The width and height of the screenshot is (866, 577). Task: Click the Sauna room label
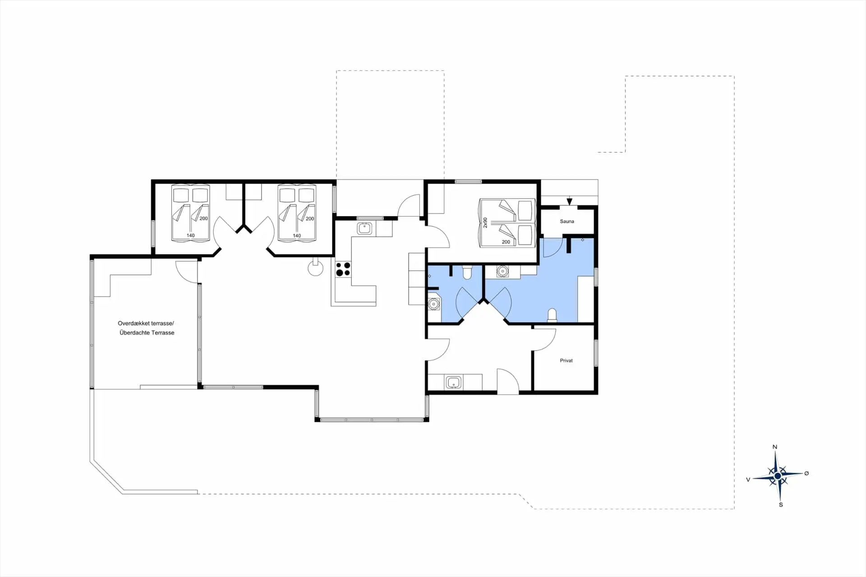tap(567, 222)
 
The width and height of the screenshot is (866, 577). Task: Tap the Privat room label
tap(566, 360)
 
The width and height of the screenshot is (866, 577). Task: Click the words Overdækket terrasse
tap(146, 323)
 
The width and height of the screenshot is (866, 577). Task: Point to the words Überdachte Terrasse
tap(147, 333)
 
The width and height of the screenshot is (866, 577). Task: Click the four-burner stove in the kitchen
tap(343, 269)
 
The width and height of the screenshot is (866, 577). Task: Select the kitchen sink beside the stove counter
tap(364, 229)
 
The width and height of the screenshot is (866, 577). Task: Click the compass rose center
tap(777, 476)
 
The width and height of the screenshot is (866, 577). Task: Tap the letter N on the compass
tap(775, 447)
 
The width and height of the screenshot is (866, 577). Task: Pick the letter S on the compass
tap(781, 504)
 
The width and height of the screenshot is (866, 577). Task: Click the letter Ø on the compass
tap(806, 473)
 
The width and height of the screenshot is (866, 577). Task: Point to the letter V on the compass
tap(748, 480)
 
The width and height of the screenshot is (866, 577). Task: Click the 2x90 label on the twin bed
tap(485, 222)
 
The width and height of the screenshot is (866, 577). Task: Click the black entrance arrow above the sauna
tap(570, 201)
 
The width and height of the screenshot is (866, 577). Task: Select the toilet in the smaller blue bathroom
tap(467, 272)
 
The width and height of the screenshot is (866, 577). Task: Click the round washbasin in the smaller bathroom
tap(433, 304)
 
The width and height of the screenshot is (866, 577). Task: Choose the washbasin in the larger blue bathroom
tap(502, 272)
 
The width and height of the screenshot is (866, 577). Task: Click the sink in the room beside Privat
tap(453, 383)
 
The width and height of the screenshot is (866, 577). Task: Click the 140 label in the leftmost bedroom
tap(191, 235)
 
